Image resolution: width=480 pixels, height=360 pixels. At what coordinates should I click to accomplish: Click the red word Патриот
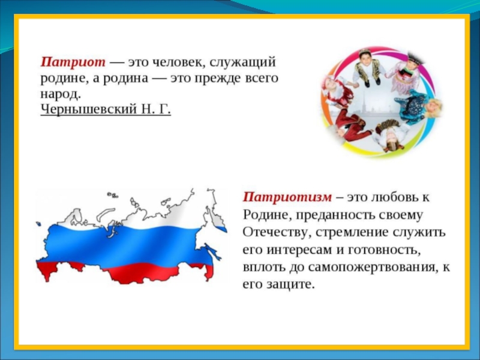click(73, 62)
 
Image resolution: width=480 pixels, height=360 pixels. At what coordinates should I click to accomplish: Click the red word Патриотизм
click(287, 197)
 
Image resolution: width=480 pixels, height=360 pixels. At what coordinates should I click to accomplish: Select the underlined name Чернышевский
click(88, 109)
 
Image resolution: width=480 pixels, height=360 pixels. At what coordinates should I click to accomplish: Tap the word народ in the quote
click(61, 94)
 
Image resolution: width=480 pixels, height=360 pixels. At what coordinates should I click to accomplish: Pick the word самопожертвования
click(371, 267)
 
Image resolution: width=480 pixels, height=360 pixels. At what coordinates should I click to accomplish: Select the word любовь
click(394, 197)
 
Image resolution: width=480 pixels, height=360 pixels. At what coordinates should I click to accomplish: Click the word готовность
click(384, 250)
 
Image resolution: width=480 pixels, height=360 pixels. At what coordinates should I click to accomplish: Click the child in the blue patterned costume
click(414, 106)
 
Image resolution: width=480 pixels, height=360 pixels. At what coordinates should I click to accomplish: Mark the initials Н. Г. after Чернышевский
click(156, 109)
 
